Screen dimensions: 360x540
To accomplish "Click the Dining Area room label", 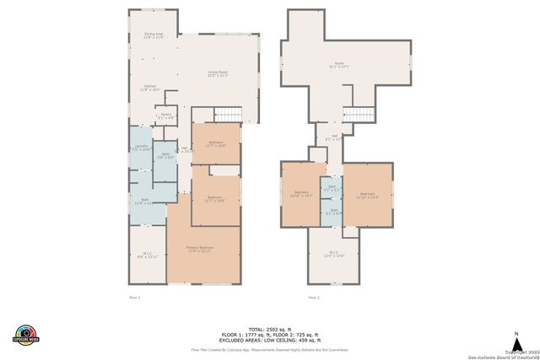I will click(153, 36).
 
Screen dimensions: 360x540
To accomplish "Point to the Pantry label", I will click(165, 116).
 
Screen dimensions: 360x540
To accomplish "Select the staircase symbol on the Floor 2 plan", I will click(359, 116).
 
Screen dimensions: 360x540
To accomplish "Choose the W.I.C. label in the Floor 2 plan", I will click(335, 255).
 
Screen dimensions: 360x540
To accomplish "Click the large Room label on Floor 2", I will click(339, 65).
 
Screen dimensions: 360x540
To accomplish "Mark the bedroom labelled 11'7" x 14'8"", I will click(215, 199).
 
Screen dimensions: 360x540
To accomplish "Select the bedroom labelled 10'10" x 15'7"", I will click(301, 195).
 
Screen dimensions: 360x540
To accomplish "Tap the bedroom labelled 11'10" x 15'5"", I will click(368, 195).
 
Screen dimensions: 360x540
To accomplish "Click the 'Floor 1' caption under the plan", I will click(133, 298).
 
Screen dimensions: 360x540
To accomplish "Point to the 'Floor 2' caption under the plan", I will click(314, 298).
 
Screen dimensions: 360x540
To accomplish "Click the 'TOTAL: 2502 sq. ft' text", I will click(269, 328).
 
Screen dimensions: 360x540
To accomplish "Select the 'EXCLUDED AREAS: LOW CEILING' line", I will click(269, 340).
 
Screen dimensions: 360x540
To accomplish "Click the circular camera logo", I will click(26, 334).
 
